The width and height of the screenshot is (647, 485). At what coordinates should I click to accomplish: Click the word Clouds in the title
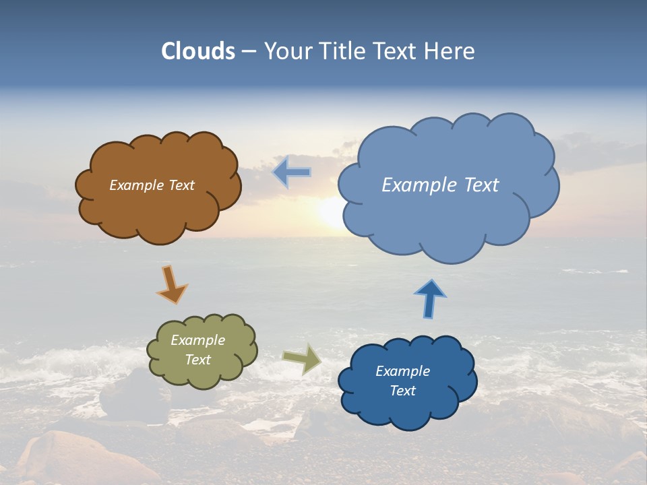(198, 51)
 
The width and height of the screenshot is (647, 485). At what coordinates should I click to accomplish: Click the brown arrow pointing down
(171, 284)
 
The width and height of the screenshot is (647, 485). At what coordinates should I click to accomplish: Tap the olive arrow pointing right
(302, 358)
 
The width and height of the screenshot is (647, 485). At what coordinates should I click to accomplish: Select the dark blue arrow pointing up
(429, 298)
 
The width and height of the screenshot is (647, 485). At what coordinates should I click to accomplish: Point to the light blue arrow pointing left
(291, 172)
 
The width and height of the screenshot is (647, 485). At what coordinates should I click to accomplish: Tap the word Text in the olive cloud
(197, 360)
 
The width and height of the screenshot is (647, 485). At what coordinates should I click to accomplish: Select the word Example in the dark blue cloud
(402, 371)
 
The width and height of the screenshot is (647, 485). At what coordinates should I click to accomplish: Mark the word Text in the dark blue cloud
(402, 391)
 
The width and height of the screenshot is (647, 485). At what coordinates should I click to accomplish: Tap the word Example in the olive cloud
(197, 340)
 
